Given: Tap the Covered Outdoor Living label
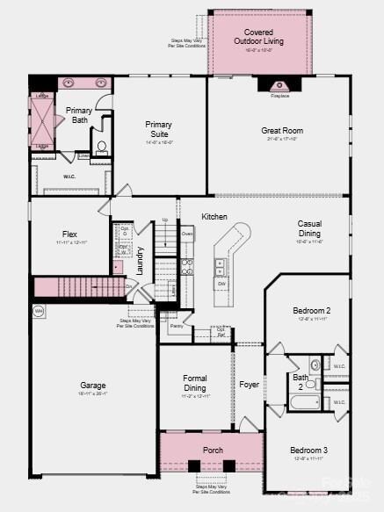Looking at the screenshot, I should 252,35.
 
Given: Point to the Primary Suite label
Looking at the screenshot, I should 159,129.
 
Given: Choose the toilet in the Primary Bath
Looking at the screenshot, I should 101,148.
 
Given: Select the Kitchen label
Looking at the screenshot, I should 214,217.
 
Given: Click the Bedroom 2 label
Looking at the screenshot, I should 311,310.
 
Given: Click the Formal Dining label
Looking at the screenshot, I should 195,383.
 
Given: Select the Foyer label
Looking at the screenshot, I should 249,384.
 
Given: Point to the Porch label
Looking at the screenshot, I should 213,451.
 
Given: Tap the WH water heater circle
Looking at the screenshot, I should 39,311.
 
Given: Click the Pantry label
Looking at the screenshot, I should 177,326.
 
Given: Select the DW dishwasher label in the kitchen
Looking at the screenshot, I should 222,284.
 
